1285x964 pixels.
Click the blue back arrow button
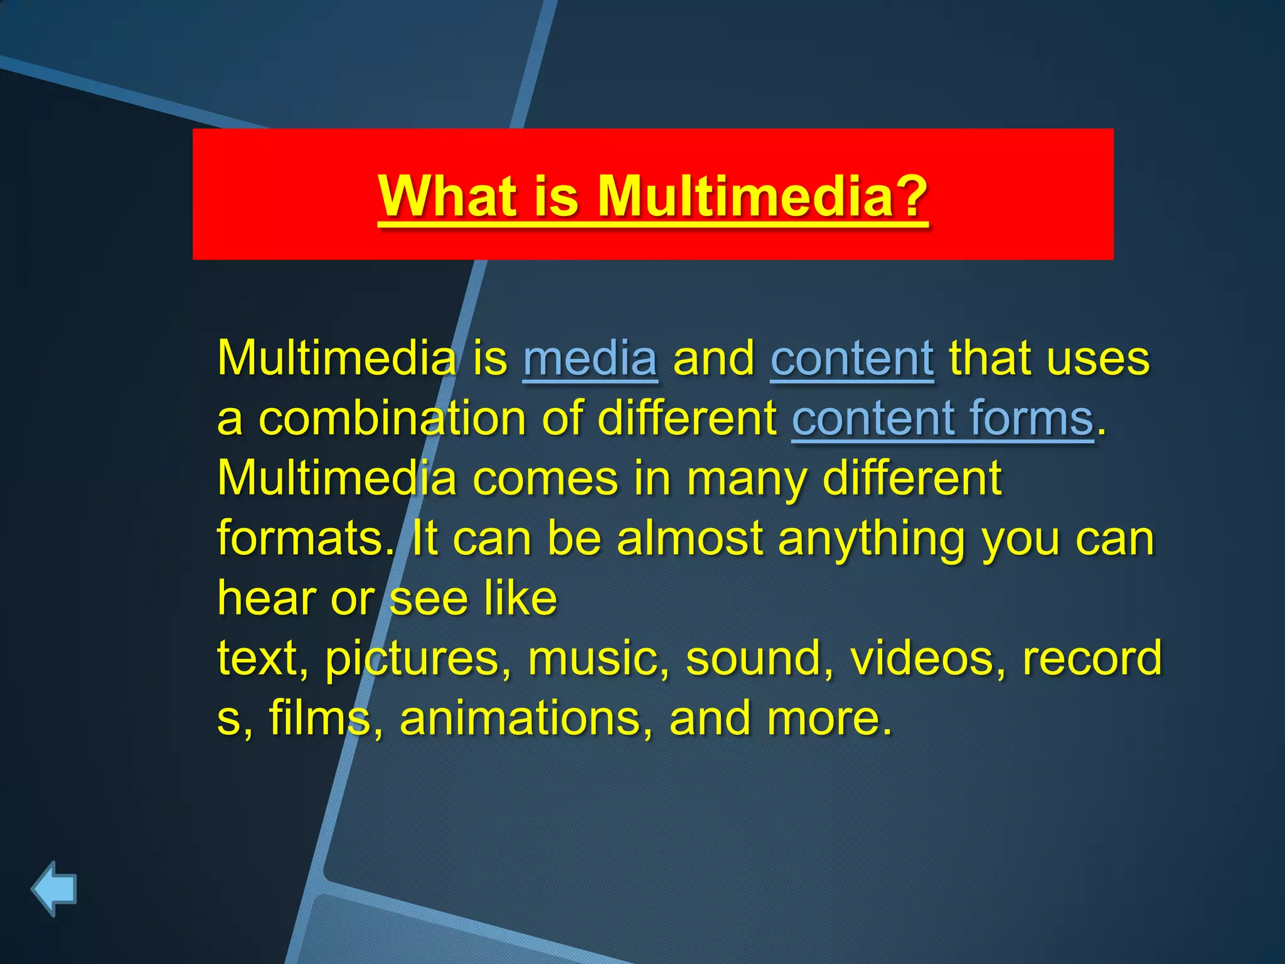[x=54, y=888]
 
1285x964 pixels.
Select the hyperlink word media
[x=590, y=359]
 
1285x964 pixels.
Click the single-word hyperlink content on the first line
[x=851, y=359]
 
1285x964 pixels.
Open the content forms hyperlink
[x=942, y=419]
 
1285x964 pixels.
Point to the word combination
[x=392, y=419]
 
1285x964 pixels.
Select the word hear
[x=267, y=598]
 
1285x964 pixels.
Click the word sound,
[x=760, y=659]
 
